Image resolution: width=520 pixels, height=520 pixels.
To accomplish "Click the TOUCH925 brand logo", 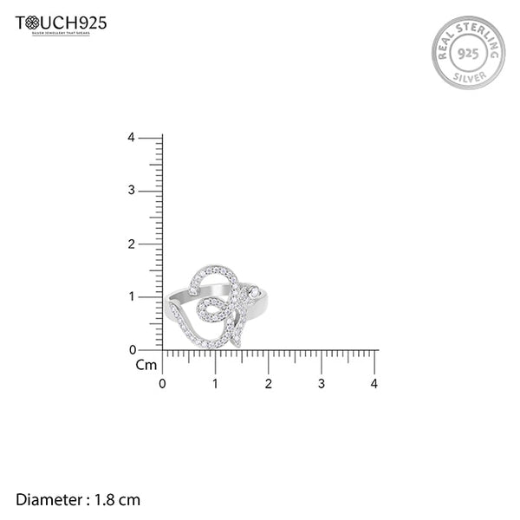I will pos(61,23).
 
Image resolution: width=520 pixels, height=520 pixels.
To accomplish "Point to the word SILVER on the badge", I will pos(469,79).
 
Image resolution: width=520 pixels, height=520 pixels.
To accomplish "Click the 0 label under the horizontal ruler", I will pos(163,383).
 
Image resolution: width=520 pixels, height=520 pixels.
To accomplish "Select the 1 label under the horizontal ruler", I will pos(216,383).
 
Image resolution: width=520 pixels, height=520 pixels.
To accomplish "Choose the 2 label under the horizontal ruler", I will pos(269,383).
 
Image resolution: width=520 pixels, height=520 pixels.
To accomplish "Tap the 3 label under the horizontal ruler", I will pos(322,383).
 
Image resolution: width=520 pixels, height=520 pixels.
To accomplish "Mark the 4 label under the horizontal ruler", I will pos(374,383).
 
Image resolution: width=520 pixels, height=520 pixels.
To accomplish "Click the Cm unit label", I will pos(146,365).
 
